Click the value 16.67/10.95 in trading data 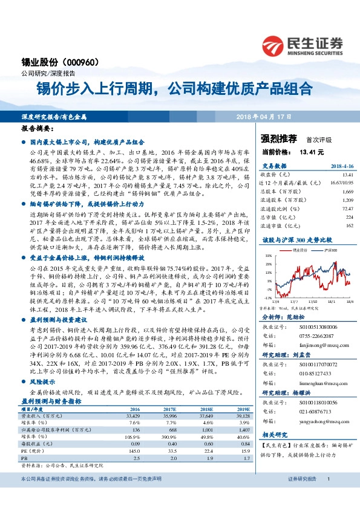click(339, 181)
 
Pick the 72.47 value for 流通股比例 click(346, 208)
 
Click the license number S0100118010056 click(316, 401)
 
